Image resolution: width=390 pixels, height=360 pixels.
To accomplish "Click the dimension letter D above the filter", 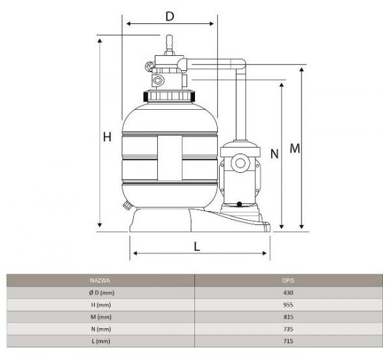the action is click(170, 16).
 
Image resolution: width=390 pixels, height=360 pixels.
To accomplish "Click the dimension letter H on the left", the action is click(107, 137).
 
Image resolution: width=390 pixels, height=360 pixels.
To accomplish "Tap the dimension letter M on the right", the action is click(294, 148).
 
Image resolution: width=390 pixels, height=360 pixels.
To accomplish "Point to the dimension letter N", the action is click(274, 154).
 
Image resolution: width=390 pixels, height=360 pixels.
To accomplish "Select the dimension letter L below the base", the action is click(197, 247).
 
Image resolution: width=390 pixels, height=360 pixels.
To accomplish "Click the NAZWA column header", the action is click(100, 281).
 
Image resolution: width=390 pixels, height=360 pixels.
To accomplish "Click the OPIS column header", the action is click(288, 281).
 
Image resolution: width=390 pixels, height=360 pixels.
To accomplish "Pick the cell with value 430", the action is click(288, 292).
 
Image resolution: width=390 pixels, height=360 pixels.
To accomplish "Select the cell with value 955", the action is click(288, 305).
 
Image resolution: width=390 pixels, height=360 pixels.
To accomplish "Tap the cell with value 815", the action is click(288, 317).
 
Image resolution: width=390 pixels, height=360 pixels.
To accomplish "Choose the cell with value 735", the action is click(288, 329).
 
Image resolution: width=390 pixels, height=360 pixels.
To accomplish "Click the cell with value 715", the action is click(288, 341).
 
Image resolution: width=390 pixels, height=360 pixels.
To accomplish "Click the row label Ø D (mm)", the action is click(101, 293).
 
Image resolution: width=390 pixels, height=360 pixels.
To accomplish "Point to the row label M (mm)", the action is click(101, 317).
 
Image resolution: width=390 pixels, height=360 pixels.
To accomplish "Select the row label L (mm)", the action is click(101, 341).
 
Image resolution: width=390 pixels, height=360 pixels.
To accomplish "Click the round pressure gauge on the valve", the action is click(149, 67).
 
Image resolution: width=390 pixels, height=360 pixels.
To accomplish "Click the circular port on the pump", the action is click(240, 163).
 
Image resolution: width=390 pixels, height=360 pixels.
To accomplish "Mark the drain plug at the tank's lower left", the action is click(127, 205).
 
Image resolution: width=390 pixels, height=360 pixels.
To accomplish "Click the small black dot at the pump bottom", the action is click(239, 204).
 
